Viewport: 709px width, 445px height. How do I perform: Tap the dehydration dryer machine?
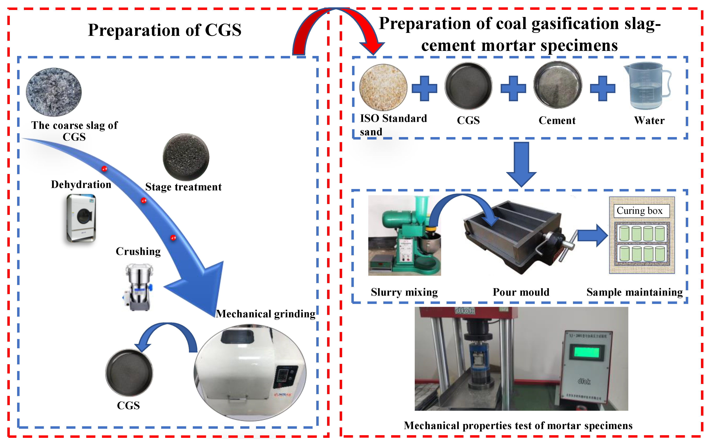pos(81,218)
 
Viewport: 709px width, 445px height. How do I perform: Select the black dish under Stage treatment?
pos(186,157)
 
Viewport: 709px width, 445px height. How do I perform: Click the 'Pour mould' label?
pos(521,292)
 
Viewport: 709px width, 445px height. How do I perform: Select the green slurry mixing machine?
pos(404,236)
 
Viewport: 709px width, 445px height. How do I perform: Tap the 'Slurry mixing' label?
pos(404,292)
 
